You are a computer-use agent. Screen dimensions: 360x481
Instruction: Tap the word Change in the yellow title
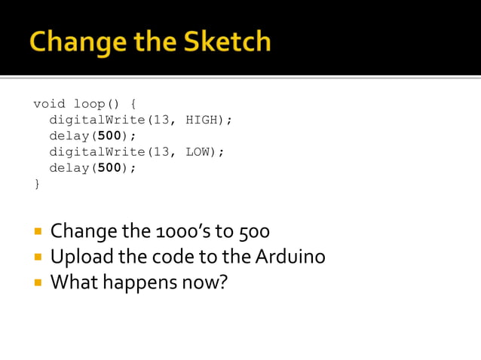point(65,42)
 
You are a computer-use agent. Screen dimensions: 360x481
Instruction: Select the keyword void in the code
point(49,104)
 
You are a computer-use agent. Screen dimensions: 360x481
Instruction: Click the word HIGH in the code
point(201,120)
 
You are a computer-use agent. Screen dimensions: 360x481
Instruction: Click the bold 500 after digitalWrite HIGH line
point(109,136)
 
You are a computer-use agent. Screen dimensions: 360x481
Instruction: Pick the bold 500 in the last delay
point(109,167)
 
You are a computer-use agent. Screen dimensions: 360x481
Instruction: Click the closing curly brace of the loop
point(37,183)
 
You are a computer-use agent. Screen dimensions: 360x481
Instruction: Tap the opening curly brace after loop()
point(133,104)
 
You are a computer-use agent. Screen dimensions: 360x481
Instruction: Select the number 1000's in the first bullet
point(172,230)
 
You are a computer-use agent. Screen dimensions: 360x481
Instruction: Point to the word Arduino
point(290,257)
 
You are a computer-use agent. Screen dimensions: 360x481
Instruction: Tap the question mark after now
point(222,283)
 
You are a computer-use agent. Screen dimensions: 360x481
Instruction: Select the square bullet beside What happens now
point(36,283)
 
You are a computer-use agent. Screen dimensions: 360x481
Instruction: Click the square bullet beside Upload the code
point(36,257)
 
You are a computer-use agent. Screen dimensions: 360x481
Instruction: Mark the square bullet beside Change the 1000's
point(36,230)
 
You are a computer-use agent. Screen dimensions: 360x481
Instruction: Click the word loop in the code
point(89,104)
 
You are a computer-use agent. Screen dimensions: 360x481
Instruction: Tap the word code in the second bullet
point(173,257)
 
